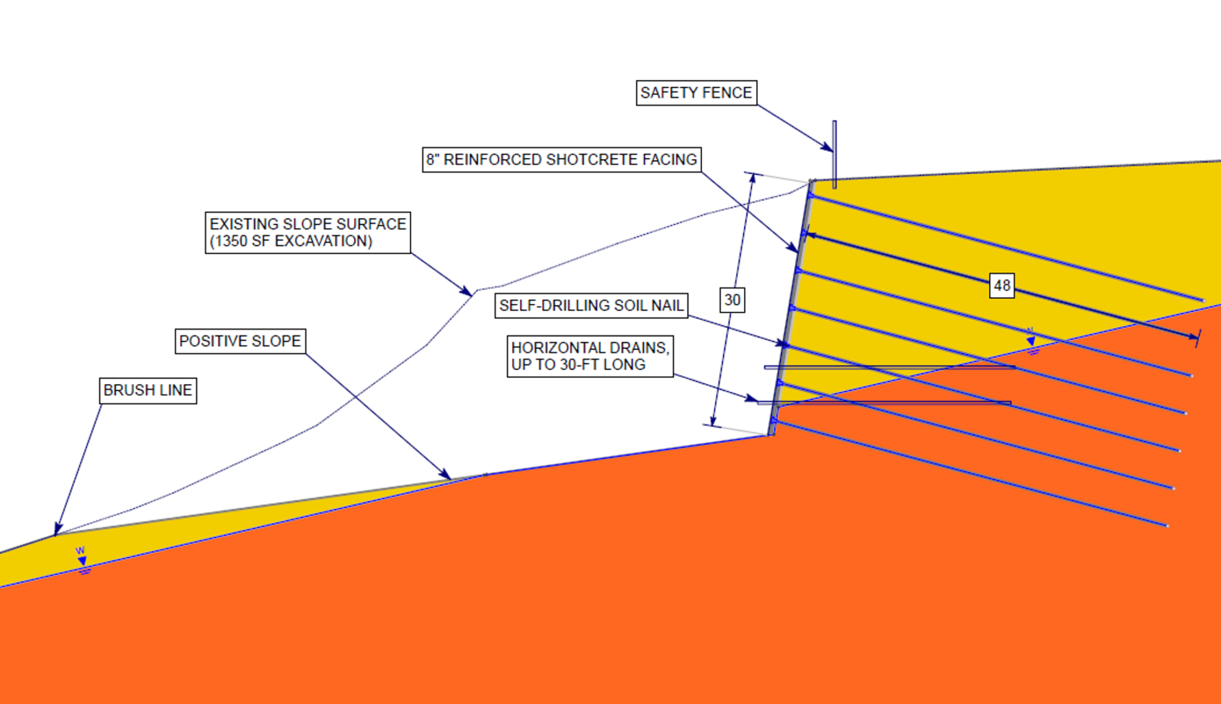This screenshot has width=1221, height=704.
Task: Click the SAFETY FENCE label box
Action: (696, 93)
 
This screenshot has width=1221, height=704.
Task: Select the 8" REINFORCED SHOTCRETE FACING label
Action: (561, 160)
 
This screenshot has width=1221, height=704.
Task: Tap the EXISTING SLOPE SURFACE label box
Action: (308, 232)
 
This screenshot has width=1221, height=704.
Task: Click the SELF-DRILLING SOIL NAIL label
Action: (591, 306)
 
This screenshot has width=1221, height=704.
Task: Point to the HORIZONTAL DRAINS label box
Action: (590, 356)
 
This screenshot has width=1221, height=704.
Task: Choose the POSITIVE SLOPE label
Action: (240, 341)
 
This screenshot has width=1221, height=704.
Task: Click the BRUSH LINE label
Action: (147, 391)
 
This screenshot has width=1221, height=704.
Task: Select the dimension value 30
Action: (732, 300)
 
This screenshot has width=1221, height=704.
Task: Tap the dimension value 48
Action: (1002, 285)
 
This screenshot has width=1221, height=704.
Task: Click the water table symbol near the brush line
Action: (82, 561)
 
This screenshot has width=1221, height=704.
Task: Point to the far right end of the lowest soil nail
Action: (1166, 526)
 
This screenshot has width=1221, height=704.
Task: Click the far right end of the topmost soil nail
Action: (1203, 300)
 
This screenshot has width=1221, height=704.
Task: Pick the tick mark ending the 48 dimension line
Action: (1197, 338)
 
